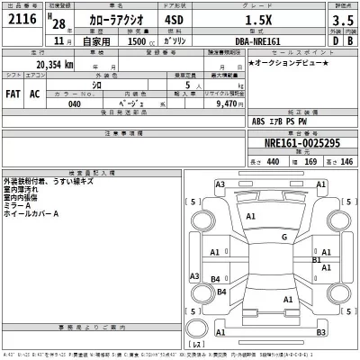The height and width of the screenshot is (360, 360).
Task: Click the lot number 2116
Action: point(21,21)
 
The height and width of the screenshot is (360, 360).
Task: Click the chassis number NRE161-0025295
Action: point(303,144)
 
